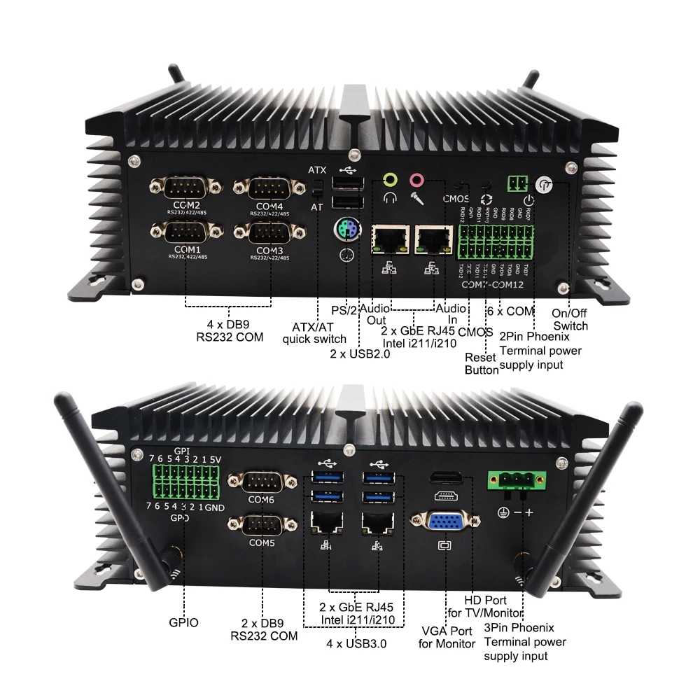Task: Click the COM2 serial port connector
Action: [x=181, y=188]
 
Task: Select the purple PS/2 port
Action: [x=345, y=229]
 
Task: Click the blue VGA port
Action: [x=446, y=524]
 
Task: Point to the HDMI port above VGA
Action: [x=447, y=479]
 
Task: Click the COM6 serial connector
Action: [x=260, y=481]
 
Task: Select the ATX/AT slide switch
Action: [x=316, y=188]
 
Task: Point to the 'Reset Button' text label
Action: [x=482, y=363]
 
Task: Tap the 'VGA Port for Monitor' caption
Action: [x=446, y=637]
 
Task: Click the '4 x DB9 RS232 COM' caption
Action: [x=230, y=330]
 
